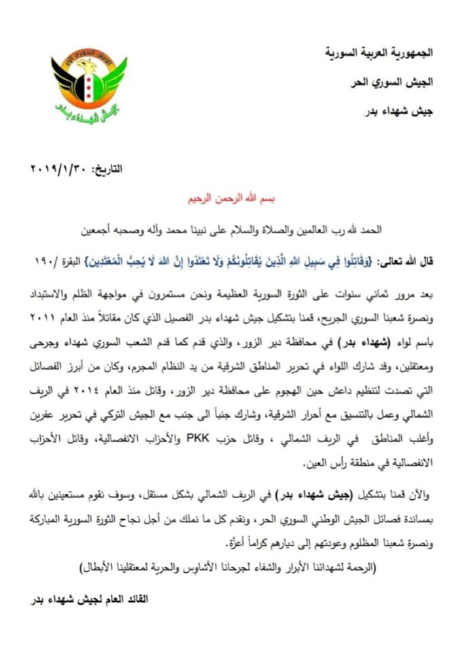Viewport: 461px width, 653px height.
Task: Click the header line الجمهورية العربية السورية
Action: click(376, 52)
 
